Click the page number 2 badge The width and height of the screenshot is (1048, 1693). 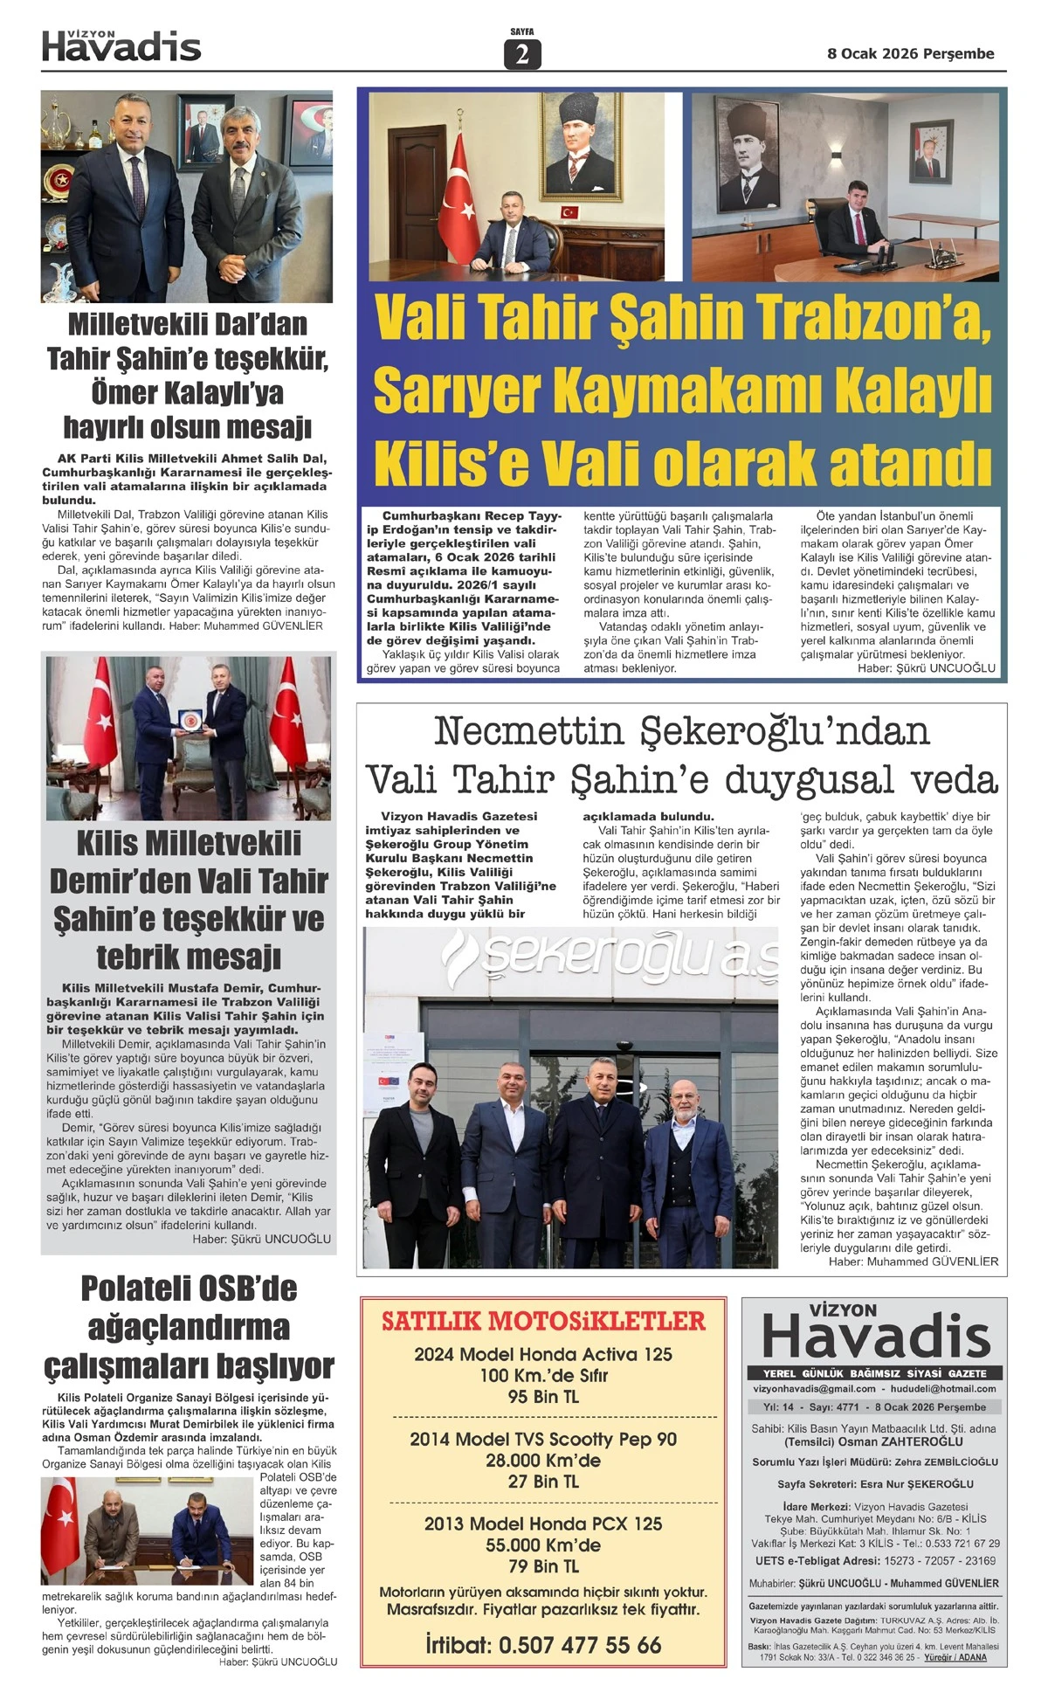pyautogui.click(x=521, y=55)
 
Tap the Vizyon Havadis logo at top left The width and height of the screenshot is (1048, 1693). pyautogui.click(x=121, y=46)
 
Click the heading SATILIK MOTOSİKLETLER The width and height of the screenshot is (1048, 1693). pyautogui.click(x=543, y=1321)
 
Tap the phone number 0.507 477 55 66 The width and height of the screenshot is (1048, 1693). pyautogui.click(x=579, y=1644)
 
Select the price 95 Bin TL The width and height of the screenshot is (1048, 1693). pyautogui.click(x=543, y=1397)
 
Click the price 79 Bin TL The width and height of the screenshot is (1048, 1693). pyautogui.click(x=543, y=1565)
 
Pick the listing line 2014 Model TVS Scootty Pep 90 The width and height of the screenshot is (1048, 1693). pyautogui.click(x=543, y=1439)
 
